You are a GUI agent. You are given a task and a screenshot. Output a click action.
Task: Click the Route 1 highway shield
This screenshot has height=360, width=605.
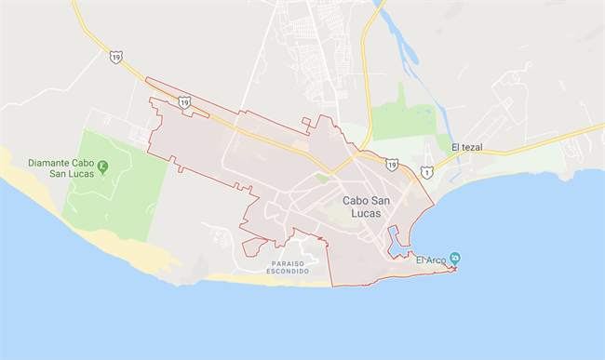(426, 171)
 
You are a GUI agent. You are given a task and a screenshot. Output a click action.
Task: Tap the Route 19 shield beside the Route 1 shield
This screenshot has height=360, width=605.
(392, 164)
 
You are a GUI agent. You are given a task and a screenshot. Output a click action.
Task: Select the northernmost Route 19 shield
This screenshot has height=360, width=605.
(114, 57)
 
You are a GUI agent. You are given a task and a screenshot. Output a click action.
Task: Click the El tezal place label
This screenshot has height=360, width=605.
(467, 147)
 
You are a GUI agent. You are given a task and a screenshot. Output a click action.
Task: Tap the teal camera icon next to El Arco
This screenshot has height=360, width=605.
(454, 258)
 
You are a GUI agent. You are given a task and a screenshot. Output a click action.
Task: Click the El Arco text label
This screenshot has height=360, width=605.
(431, 260)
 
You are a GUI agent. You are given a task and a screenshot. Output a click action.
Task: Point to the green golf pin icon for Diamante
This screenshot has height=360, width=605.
(103, 167)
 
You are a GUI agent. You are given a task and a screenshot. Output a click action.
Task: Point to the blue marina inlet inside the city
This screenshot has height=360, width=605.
(398, 240)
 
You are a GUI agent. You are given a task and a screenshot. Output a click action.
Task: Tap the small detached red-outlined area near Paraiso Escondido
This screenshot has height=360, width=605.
(252, 246)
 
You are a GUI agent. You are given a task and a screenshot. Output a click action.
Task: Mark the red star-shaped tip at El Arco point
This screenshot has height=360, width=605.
(453, 269)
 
